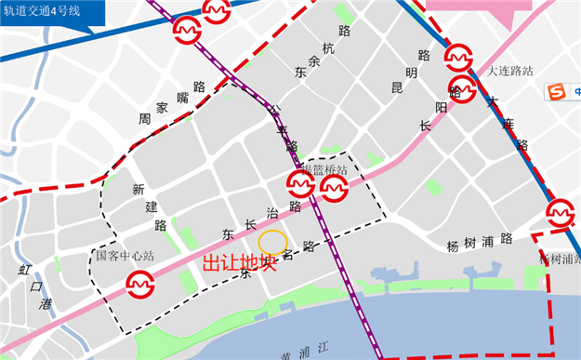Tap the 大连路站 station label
click(510, 71)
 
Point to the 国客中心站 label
click(125, 255)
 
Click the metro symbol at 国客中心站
click(140, 281)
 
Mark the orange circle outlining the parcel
click(272, 242)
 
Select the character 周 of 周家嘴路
click(144, 119)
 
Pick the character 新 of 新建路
click(138, 189)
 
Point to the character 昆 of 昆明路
click(397, 88)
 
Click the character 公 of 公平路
click(272, 109)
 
